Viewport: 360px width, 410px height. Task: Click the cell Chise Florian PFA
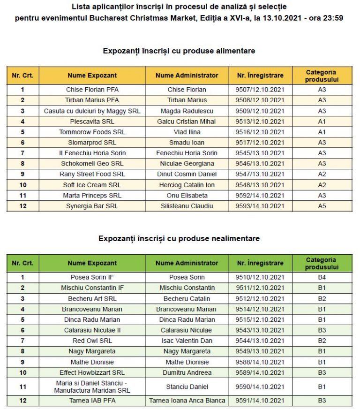tap(92, 90)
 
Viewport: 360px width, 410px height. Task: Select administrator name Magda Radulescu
tap(187, 111)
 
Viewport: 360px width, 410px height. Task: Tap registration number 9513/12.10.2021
tap(260, 121)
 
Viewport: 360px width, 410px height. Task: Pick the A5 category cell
tap(322, 206)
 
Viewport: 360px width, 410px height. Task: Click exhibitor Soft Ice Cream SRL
tap(92, 185)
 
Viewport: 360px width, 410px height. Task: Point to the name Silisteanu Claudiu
tap(187, 206)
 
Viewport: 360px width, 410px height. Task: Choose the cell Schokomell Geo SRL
tap(92, 164)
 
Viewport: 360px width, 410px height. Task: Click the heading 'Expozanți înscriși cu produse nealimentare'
tap(179, 238)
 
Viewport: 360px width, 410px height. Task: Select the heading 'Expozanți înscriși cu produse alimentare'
tap(179, 51)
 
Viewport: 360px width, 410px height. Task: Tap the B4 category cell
tap(322, 277)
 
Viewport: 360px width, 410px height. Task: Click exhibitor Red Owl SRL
tap(92, 341)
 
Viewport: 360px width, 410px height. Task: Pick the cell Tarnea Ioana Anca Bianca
tap(187, 401)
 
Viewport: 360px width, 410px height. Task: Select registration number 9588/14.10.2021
tap(260, 362)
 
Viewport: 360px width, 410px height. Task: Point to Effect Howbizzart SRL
tap(92, 372)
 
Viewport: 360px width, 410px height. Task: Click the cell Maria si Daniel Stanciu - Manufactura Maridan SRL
tap(92, 387)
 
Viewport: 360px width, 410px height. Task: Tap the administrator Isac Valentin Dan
tap(187, 341)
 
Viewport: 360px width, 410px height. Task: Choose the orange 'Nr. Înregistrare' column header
tap(260, 75)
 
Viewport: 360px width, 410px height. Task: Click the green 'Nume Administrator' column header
tap(187, 263)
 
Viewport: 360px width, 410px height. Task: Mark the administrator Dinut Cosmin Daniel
tap(187, 174)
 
